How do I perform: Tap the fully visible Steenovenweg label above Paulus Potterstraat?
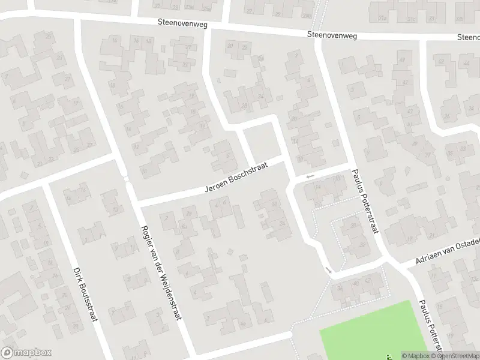coord(332,35)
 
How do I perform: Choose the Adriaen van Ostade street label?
coord(448,251)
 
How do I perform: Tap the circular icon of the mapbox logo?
coord(7,353)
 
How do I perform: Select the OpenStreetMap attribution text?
coord(458,356)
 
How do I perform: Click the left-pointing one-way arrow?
coord(310,176)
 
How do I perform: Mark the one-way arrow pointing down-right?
coord(328,270)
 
